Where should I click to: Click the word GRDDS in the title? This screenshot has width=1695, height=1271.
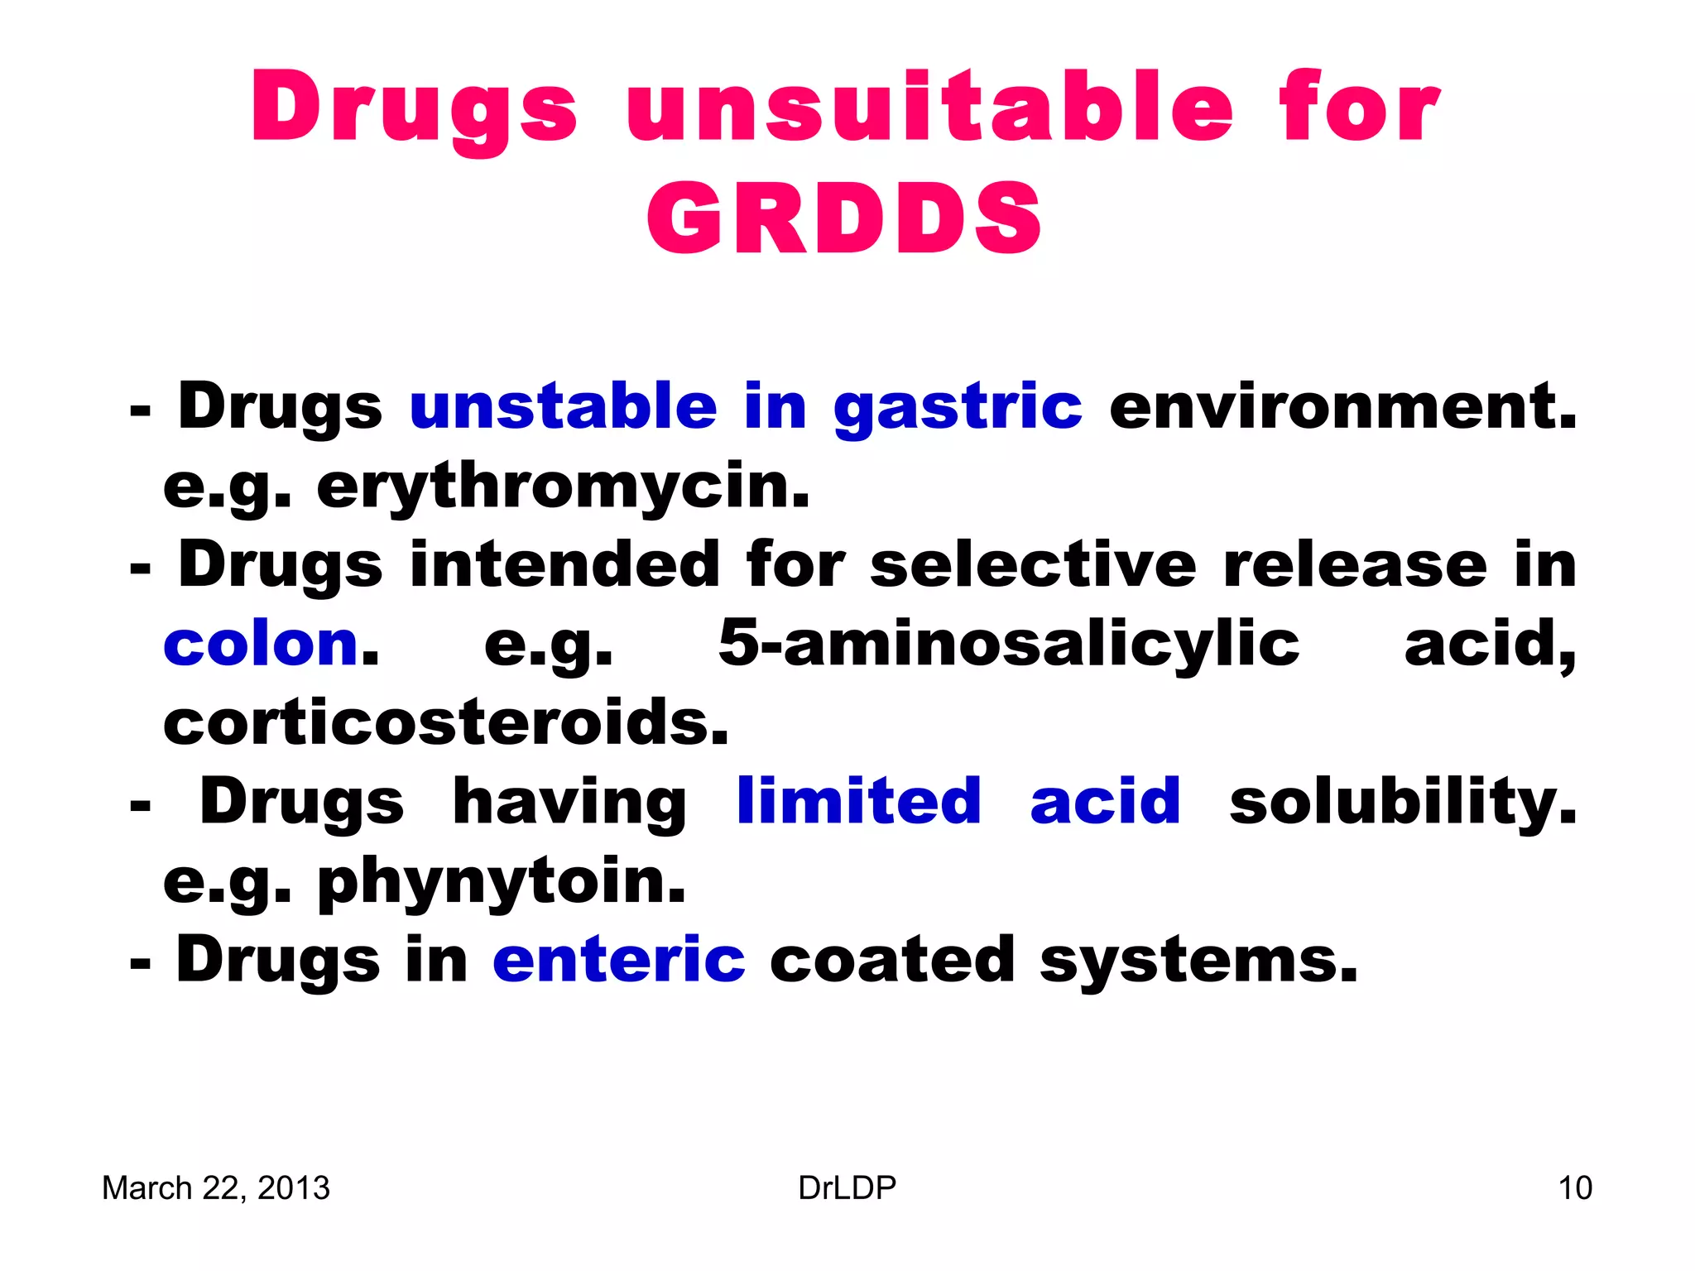pos(844,218)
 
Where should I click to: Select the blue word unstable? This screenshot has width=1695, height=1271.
pos(563,406)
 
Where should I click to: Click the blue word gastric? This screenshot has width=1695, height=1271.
pos(958,408)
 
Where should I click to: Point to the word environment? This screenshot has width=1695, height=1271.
pos(1342,406)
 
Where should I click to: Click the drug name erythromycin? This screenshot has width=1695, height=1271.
pos(563,487)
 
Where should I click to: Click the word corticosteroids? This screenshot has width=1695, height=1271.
pos(446,722)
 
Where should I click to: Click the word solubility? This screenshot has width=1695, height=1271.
pos(1403,803)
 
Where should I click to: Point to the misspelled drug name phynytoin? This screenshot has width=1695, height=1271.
pos(502,882)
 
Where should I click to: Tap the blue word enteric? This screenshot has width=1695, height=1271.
pos(619,960)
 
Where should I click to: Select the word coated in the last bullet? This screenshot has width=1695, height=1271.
pos(892,960)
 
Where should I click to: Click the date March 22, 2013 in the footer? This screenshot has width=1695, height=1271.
pos(216,1188)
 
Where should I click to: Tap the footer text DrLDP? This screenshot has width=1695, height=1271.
pos(847,1188)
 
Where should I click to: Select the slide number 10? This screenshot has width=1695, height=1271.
pos(1574,1188)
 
